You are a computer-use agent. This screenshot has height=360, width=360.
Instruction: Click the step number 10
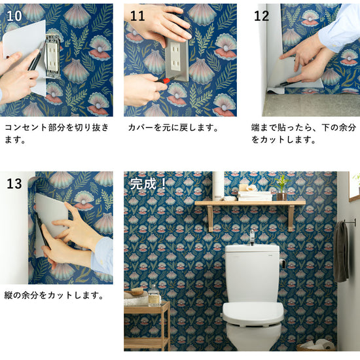[14, 16]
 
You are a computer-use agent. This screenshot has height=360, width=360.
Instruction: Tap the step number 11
[137, 16]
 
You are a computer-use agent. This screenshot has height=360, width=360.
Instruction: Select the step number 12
[261, 16]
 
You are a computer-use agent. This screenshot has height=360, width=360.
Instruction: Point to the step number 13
[14, 184]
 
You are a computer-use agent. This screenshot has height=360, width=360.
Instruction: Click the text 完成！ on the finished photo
[148, 184]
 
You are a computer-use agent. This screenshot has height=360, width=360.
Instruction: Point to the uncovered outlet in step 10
[53, 56]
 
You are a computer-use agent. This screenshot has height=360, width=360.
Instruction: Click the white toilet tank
[252, 273]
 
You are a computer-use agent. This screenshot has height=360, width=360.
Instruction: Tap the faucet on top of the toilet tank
[252, 237]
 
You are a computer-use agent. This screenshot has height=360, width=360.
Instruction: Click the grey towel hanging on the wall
[341, 251]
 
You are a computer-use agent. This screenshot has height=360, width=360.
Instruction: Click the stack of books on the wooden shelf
[255, 196]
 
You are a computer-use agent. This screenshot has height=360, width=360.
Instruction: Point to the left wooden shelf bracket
[211, 218]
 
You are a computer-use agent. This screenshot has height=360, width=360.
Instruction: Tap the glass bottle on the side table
[154, 296]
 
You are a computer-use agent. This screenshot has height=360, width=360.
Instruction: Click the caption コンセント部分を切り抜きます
[56, 134]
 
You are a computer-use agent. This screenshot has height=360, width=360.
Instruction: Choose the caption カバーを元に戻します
[173, 128]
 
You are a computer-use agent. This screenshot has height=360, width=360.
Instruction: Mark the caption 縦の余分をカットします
[54, 295]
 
